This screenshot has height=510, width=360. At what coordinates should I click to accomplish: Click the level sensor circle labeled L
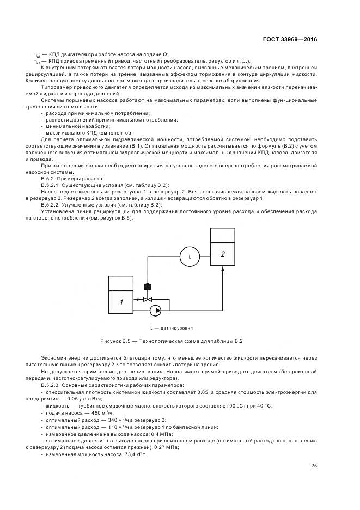[190, 256]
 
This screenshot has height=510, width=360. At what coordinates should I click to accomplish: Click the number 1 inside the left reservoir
[121, 301]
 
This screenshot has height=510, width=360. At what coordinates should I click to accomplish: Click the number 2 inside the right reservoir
[222, 254]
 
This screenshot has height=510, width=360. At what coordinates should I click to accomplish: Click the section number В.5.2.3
[53, 385]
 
